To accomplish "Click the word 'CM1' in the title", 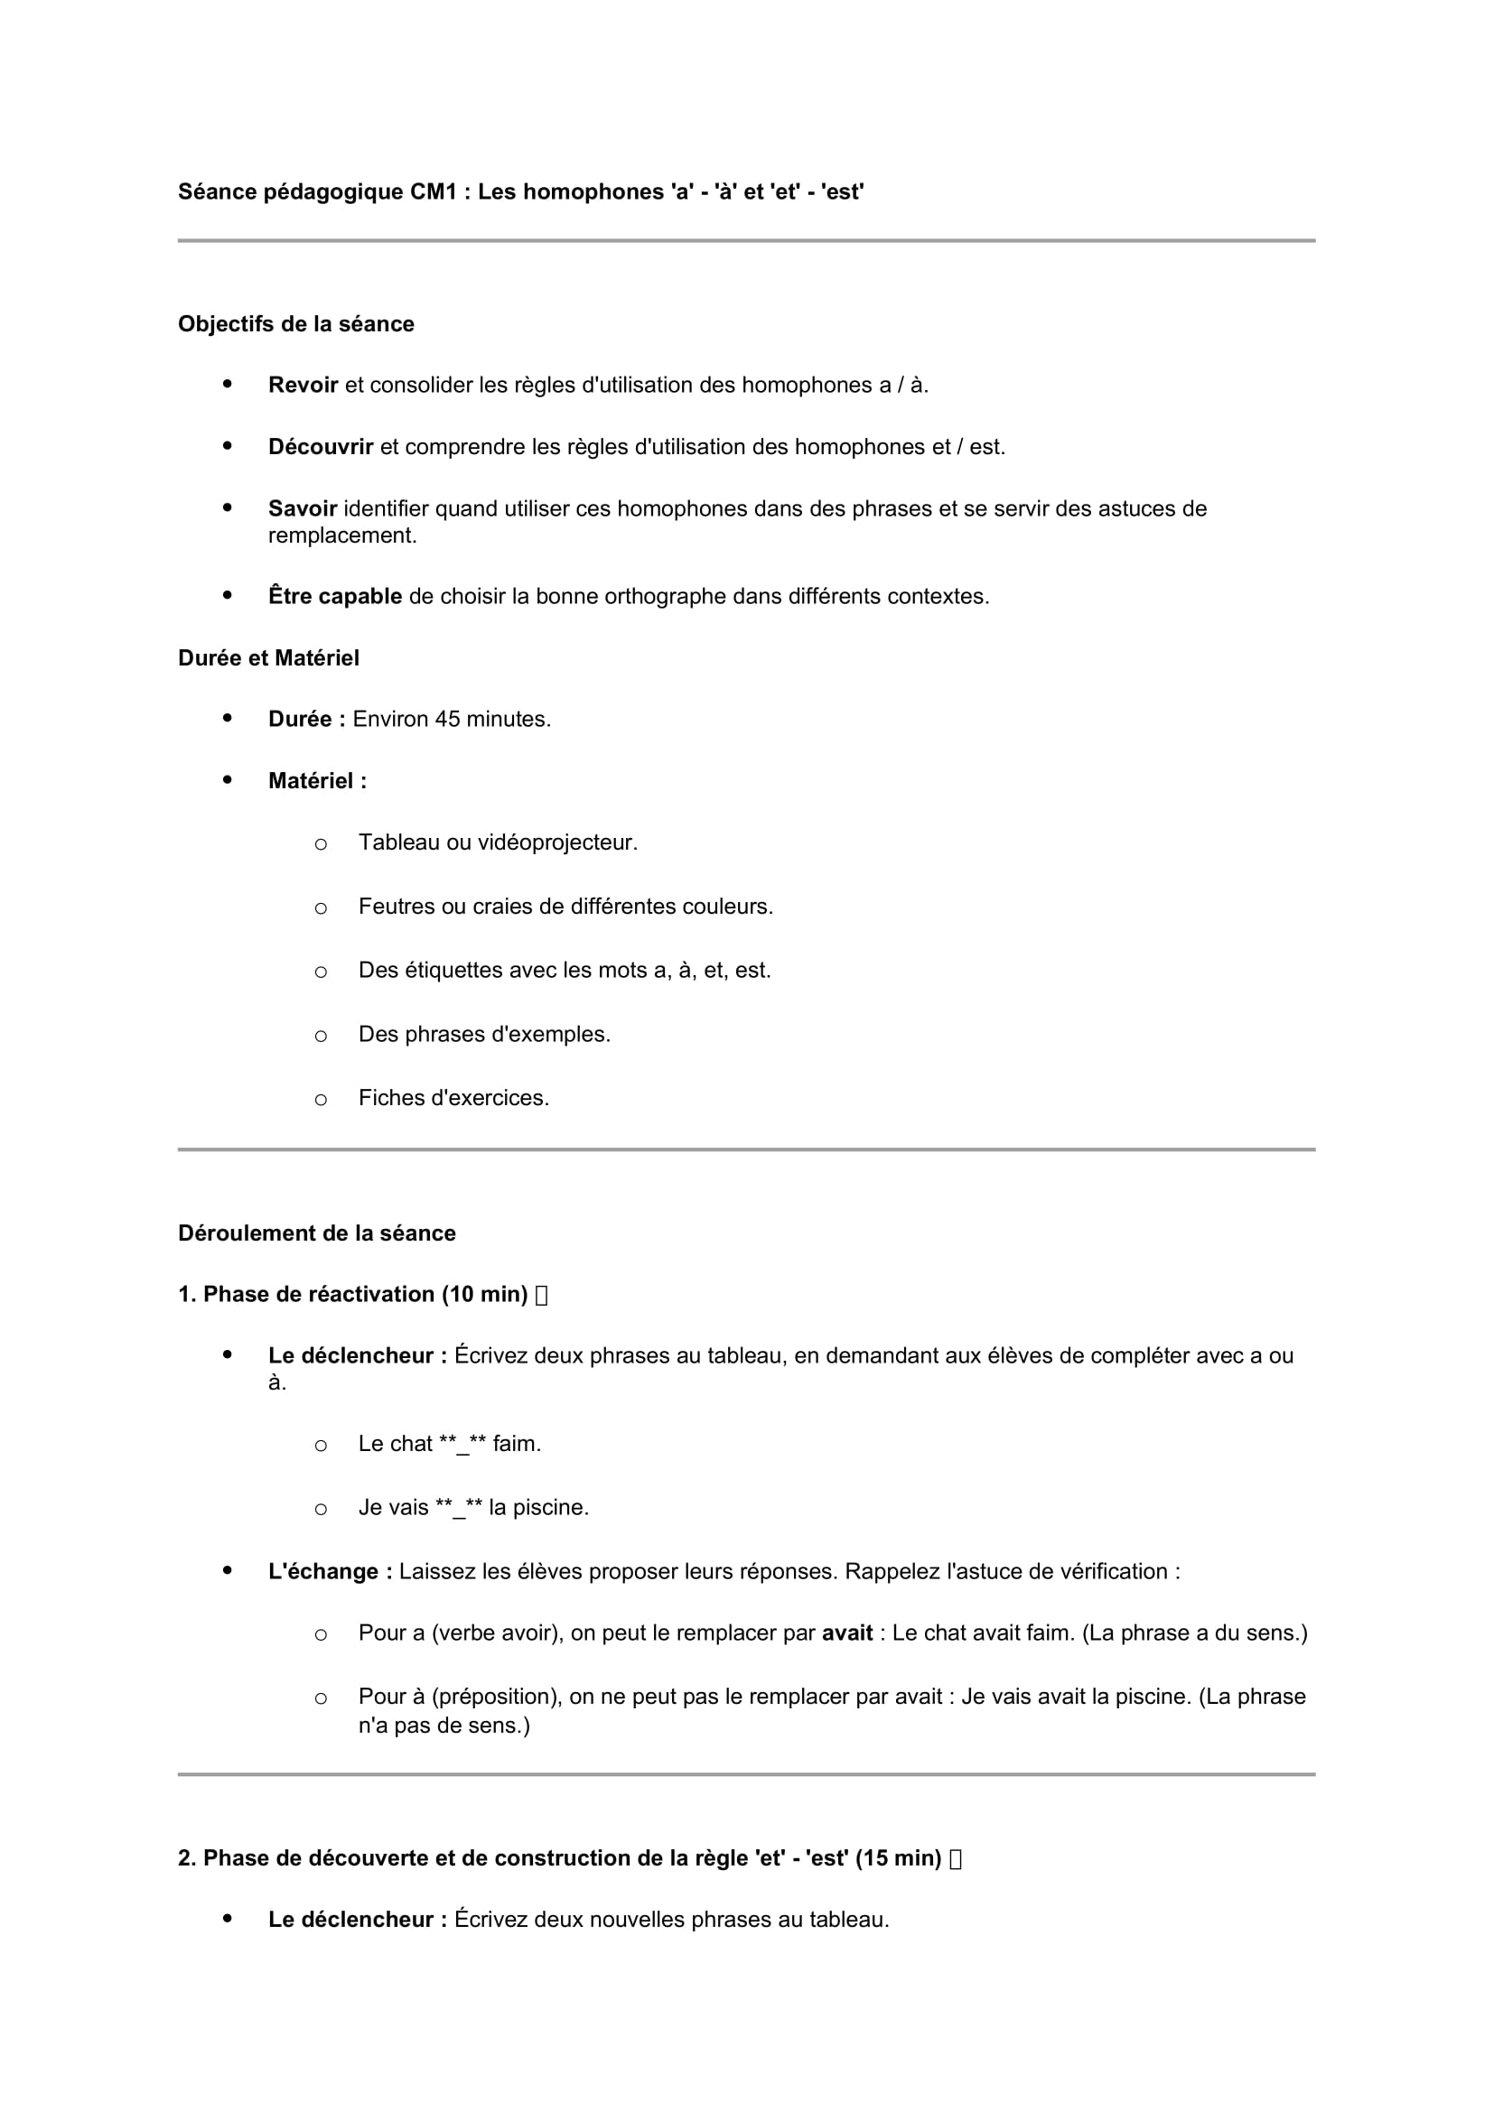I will tap(434, 191).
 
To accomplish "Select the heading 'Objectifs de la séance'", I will tap(295, 324).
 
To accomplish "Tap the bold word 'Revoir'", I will tap(303, 386).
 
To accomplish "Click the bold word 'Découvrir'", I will tap(320, 447).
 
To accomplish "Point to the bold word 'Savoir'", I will tap(302, 508).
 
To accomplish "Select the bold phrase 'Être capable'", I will tap(335, 596).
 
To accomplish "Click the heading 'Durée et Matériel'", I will tap(268, 657).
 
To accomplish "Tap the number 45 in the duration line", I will tap(447, 720).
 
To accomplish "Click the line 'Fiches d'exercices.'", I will tap(453, 1097).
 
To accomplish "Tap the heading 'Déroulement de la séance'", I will tap(316, 1233).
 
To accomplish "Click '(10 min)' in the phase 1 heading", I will tap(484, 1294).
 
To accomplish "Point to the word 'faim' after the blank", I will tap(513, 1443).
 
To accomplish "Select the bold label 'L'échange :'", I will tap(331, 1571).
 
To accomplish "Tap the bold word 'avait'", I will tap(846, 1633).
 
